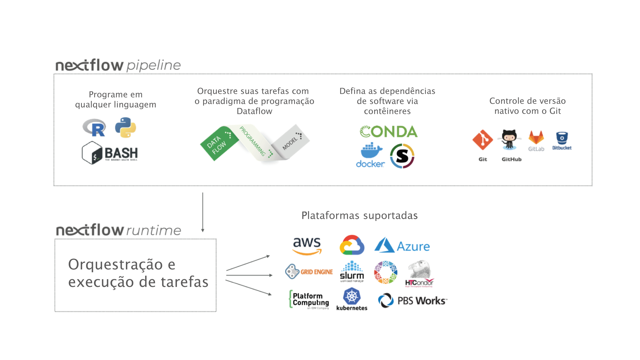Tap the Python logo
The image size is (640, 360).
pos(126,127)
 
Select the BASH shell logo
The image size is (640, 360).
pos(110,153)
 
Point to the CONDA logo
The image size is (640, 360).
pos(388,132)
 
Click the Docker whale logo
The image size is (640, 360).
pos(370,155)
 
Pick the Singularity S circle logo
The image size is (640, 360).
pos(402,156)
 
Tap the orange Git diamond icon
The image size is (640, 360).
pos(483,140)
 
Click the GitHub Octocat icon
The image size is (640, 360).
pos(509,140)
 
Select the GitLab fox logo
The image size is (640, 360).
pos(536,138)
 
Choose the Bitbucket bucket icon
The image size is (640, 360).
pos(562,138)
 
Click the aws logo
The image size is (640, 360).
pos(307,245)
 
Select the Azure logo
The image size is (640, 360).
pos(402,246)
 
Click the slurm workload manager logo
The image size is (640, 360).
pos(352,272)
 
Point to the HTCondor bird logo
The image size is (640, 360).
pos(419,273)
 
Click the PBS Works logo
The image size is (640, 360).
pos(412,301)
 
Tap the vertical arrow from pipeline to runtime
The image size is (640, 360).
pos(203,212)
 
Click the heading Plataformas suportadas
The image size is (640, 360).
pos(359,215)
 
